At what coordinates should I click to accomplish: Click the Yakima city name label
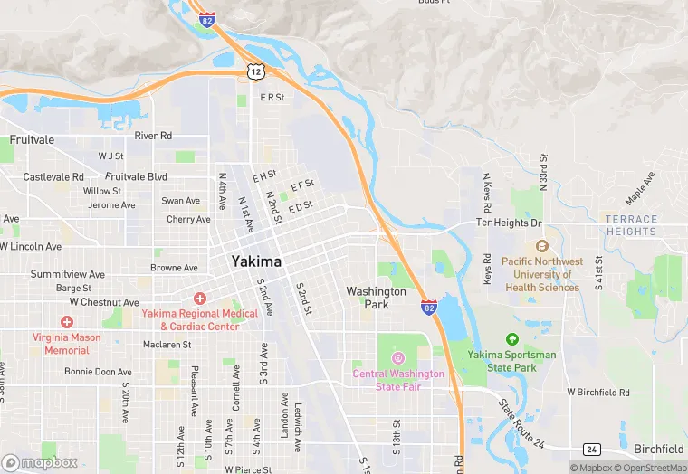tap(256, 261)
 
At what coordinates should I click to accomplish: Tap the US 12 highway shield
tap(256, 71)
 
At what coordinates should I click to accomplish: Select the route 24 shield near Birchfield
tap(592, 450)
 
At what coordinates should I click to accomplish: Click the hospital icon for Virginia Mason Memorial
tap(66, 322)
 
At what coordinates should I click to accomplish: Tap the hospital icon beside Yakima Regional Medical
tap(199, 299)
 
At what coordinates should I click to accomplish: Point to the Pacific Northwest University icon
tap(542, 246)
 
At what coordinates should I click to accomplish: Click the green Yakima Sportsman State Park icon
tap(512, 339)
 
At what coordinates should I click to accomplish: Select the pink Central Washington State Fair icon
tap(397, 359)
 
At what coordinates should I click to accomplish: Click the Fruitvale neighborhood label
tap(32, 140)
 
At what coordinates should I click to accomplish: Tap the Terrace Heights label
tap(631, 225)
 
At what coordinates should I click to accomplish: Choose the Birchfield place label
tap(658, 450)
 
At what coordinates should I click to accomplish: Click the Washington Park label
tap(377, 298)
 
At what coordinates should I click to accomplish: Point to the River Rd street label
tap(153, 136)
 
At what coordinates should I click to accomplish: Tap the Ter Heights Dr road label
tap(509, 223)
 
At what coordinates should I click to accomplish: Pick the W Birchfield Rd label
tap(597, 393)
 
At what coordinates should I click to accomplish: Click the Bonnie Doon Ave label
tap(98, 372)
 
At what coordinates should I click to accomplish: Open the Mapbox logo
tap(40, 462)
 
